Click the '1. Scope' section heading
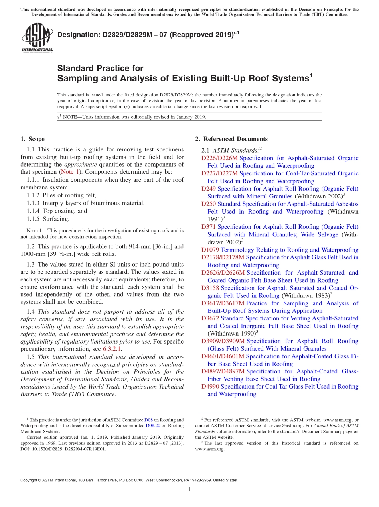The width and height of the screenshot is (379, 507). pyautogui.click(x=32, y=139)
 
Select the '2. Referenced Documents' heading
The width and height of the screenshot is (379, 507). pyautogui.click(x=231, y=139)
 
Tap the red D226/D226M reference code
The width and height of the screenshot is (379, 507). pyautogui.click(x=219, y=158)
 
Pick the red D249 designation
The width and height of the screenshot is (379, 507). pyautogui.click(x=209, y=189)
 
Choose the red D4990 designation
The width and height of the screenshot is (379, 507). pyautogui.click(x=210, y=387)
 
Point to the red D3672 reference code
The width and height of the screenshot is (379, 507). pyautogui.click(x=210, y=318)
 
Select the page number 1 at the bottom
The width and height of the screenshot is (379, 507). pyautogui.click(x=189, y=489)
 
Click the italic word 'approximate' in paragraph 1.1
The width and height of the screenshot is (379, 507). pyautogui.click(x=81, y=165)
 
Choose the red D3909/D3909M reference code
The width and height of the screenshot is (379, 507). pyautogui.click(x=223, y=341)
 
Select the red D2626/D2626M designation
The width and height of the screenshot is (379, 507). pyautogui.click(x=223, y=273)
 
